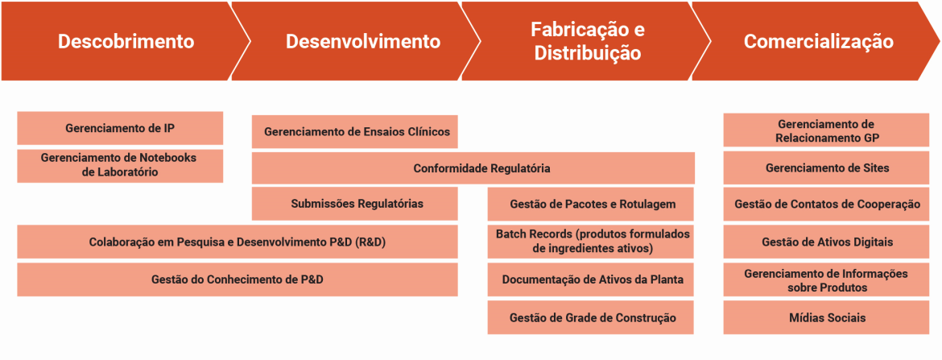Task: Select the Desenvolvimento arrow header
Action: (x=357, y=41)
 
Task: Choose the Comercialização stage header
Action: (x=818, y=41)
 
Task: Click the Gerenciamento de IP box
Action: (x=120, y=128)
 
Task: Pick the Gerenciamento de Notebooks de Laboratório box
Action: (x=120, y=165)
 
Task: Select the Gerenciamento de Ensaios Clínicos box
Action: (x=354, y=131)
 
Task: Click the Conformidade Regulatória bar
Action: (x=473, y=168)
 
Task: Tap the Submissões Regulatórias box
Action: (x=354, y=204)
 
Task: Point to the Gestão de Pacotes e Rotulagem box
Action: (x=590, y=205)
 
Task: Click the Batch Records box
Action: (x=590, y=242)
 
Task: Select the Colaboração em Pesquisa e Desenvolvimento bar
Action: (x=238, y=242)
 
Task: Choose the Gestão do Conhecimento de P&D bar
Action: (x=238, y=279)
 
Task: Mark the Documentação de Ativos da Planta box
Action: (x=590, y=279)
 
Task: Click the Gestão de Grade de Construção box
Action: (x=590, y=317)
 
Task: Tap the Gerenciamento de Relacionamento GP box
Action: (x=826, y=130)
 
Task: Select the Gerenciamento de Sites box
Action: (x=826, y=168)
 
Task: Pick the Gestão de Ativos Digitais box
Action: (x=826, y=242)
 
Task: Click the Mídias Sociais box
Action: (x=826, y=317)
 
